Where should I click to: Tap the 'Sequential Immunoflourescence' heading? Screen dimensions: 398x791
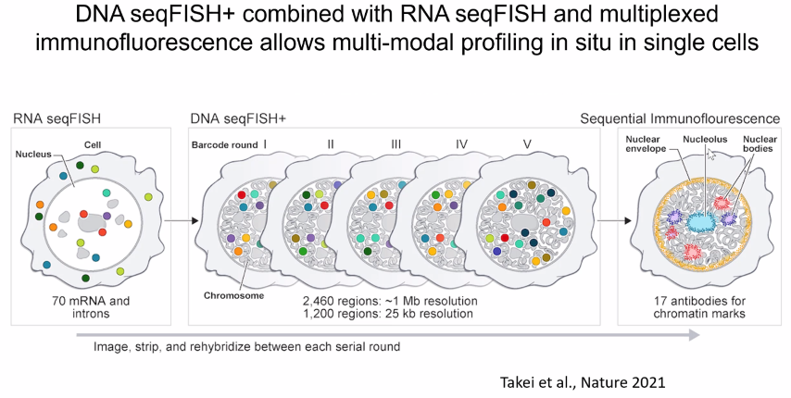681,118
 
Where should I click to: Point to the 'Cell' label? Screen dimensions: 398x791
94,144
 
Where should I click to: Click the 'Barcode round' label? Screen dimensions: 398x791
225,145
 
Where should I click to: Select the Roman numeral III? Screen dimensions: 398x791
395,144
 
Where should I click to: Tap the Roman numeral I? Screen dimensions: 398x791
266,144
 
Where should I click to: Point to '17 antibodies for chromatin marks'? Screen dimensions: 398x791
698,306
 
